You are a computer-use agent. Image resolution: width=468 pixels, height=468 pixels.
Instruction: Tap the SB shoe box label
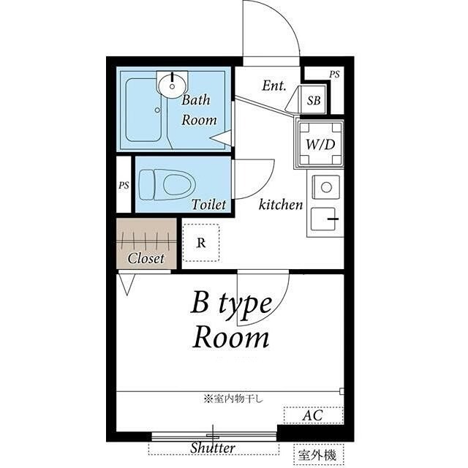pyautogui.click(x=314, y=101)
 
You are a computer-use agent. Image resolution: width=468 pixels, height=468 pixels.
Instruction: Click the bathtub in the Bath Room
pyautogui.click(x=144, y=110)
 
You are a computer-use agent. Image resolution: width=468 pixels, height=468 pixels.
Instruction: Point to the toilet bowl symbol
pyautogui.click(x=167, y=185)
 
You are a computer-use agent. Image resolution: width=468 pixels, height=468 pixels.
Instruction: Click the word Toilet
pyautogui.click(x=209, y=205)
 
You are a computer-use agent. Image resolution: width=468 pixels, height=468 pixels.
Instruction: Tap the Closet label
pyautogui.click(x=146, y=258)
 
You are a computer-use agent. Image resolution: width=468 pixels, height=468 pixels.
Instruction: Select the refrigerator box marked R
pyautogui.click(x=201, y=243)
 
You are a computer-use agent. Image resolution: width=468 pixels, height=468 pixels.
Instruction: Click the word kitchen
pyautogui.click(x=281, y=205)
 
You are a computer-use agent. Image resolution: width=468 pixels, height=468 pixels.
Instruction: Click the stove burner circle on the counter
pyautogui.click(x=326, y=187)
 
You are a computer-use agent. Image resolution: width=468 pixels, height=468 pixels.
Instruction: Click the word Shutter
pyautogui.click(x=213, y=448)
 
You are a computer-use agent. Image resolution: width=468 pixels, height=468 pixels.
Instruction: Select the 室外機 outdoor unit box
pyautogui.click(x=318, y=456)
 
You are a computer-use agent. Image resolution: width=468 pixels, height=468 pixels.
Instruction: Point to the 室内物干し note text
pyautogui.click(x=234, y=399)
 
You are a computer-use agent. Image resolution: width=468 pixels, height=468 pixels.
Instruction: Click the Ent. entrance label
pyautogui.click(x=274, y=86)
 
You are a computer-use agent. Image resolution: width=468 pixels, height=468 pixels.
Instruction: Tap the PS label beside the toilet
pyautogui.click(x=124, y=185)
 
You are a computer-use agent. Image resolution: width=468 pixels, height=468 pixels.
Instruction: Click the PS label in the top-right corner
pyautogui.click(x=335, y=74)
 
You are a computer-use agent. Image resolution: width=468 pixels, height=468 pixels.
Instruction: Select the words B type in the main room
pyautogui.click(x=232, y=303)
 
